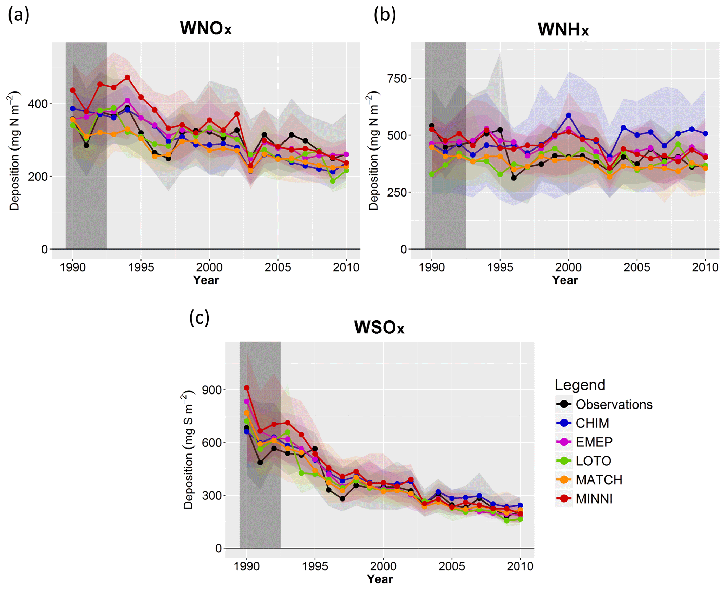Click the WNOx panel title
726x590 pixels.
click(x=206, y=28)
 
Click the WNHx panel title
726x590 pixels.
click(x=563, y=29)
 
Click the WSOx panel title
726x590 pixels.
click(x=379, y=327)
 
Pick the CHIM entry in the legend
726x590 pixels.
click(x=592, y=423)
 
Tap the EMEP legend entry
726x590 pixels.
click(x=594, y=442)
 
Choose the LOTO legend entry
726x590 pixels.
click(x=593, y=461)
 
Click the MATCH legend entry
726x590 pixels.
click(x=599, y=480)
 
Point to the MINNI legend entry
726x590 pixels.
click(x=594, y=499)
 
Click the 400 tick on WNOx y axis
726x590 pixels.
click(x=40, y=104)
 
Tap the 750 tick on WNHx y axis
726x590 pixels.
click(x=397, y=79)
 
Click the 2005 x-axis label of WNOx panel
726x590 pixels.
click(x=278, y=267)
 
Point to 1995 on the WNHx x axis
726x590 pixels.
click(x=500, y=267)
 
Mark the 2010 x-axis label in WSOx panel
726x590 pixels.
click(x=520, y=566)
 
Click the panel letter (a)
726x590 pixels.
click(x=19, y=16)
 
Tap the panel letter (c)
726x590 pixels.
click(x=199, y=318)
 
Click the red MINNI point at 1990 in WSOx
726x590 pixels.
click(x=247, y=388)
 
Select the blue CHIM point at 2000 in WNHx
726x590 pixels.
click(x=568, y=115)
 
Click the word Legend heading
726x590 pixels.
click(x=580, y=385)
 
